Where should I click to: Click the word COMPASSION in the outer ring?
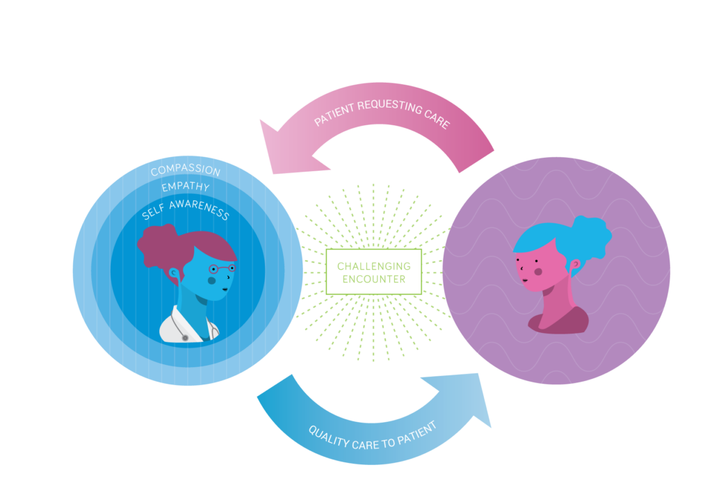[186, 170]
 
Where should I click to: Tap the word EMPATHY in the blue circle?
[186, 186]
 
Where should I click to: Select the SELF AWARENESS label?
[186, 209]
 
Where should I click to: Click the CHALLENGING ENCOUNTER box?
[373, 272]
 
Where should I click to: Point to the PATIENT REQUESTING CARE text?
[382, 113]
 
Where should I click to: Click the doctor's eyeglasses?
[222, 269]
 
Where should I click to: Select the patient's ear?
[575, 263]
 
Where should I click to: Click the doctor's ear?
[174, 273]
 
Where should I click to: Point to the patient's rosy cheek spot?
[538, 272]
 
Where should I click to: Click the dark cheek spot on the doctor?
[211, 281]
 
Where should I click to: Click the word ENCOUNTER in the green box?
[373, 279]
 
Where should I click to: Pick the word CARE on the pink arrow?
[437, 118]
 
